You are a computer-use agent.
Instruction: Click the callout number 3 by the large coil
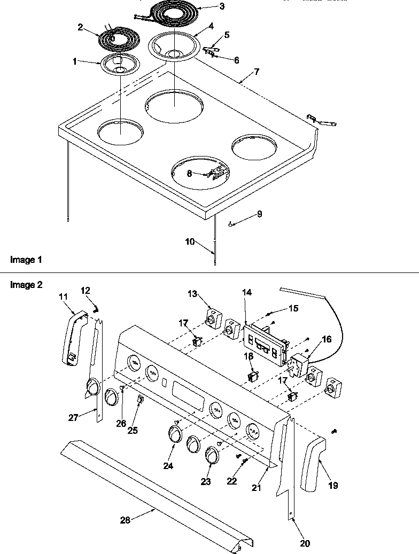pos(207,6)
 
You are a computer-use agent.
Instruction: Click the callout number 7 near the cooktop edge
pos(257,72)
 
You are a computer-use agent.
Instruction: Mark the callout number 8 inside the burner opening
pos(189,173)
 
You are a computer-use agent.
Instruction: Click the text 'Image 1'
pos(26,260)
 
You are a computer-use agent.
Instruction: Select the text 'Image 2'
pos(26,285)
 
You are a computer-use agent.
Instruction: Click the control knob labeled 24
pos(175,432)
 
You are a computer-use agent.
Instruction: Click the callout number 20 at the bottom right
pos(305,544)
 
